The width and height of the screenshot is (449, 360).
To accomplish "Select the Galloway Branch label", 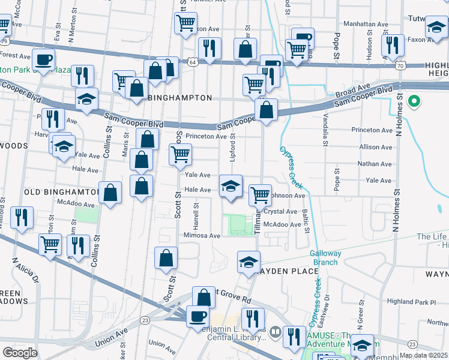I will click(325, 257).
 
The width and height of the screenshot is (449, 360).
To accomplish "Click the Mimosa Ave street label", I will click(202, 236).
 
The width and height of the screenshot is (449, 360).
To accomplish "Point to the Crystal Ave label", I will click(281, 212).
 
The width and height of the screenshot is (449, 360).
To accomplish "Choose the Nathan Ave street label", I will click(375, 164).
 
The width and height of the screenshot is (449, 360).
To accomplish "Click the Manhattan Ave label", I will click(366, 24).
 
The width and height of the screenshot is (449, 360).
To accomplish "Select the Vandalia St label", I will click(326, 130).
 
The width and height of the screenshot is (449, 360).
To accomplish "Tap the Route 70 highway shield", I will click(400, 65).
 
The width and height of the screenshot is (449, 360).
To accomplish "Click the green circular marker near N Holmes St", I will click(413, 101).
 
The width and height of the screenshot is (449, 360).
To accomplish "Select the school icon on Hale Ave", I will click(230, 185).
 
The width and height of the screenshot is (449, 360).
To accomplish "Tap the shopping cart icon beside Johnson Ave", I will click(259, 194).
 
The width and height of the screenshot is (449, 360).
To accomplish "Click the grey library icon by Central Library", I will click(275, 331).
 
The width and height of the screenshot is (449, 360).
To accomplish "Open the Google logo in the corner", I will click(20, 353).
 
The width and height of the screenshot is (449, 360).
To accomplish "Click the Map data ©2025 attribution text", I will click(423, 355).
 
